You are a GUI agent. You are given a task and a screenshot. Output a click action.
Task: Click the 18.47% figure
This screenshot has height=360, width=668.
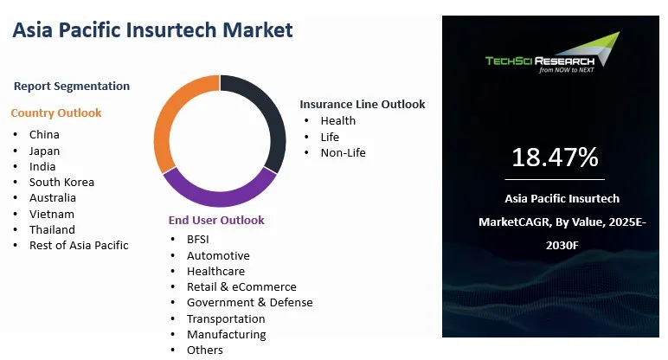555,157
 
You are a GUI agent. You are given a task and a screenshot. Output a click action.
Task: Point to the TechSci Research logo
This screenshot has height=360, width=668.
553,53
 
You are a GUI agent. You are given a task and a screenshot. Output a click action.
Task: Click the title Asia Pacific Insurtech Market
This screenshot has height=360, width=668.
152,29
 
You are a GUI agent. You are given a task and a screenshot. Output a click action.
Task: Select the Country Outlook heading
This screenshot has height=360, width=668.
55,112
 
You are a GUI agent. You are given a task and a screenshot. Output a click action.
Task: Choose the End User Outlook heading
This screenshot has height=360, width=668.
216,220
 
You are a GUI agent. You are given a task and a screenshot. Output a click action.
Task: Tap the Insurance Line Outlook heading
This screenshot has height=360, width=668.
362,105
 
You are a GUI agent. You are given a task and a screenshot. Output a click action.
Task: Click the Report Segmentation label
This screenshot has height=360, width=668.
72,86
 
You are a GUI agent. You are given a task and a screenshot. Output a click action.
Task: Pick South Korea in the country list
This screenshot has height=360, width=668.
61,182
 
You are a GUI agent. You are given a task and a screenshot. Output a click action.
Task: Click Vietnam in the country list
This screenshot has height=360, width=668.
52,214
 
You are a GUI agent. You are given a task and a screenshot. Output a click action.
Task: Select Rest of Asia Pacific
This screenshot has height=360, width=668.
79,246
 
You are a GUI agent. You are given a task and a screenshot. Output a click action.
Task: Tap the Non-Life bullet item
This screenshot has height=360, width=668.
343,152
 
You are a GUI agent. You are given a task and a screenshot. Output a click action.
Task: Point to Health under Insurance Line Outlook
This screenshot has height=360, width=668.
338,120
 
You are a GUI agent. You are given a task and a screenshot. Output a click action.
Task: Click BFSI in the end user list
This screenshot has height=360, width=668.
197,239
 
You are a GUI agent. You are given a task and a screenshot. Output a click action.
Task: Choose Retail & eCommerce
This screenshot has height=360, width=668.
241,286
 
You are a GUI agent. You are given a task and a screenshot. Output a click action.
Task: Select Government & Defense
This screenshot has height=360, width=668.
250,303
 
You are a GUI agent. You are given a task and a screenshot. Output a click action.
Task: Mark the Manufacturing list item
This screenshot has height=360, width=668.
226,335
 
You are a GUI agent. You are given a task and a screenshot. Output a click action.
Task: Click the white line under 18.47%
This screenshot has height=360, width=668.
555,180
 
